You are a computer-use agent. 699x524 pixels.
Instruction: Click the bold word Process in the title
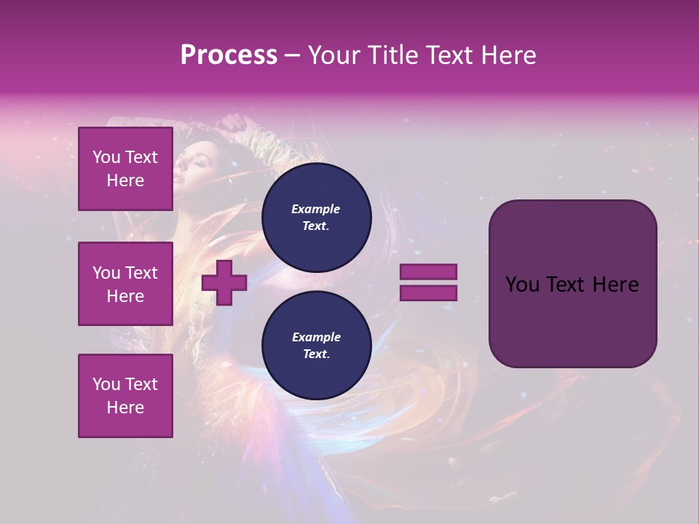click(x=229, y=55)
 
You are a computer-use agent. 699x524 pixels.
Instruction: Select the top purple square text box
click(x=125, y=169)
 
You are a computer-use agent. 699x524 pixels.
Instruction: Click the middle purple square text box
click(x=125, y=284)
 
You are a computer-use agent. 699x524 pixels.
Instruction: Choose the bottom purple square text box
click(x=125, y=396)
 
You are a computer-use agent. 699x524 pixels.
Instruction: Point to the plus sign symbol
click(x=224, y=282)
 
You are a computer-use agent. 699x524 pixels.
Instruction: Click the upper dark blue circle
click(x=316, y=218)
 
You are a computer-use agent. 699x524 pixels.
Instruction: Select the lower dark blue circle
click(x=316, y=346)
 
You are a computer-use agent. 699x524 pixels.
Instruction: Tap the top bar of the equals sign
click(x=428, y=272)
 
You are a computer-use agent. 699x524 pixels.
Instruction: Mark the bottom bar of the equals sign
click(x=428, y=293)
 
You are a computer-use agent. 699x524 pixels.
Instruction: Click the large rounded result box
click(x=572, y=284)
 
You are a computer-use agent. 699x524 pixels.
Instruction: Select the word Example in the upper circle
click(x=316, y=209)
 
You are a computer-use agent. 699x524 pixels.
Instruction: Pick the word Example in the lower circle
click(x=316, y=337)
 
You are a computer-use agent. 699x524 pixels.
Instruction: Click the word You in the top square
click(x=106, y=157)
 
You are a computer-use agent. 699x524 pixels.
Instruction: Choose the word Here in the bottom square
click(x=125, y=408)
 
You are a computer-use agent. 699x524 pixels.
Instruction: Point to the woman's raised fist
click(x=234, y=123)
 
